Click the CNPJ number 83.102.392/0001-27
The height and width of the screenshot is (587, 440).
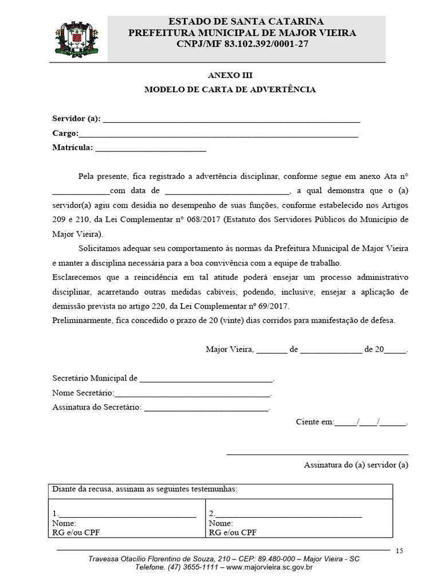point(259,44)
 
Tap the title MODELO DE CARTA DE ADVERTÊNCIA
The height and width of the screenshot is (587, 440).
point(230,89)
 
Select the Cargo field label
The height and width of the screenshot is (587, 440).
point(65,133)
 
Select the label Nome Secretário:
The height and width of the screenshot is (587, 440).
point(83,393)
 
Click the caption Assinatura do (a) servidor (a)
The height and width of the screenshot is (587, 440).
point(356,465)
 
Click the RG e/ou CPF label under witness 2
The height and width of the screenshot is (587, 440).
point(233,532)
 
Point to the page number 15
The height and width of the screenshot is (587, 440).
point(399,551)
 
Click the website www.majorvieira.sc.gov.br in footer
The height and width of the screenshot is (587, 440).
point(269,568)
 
